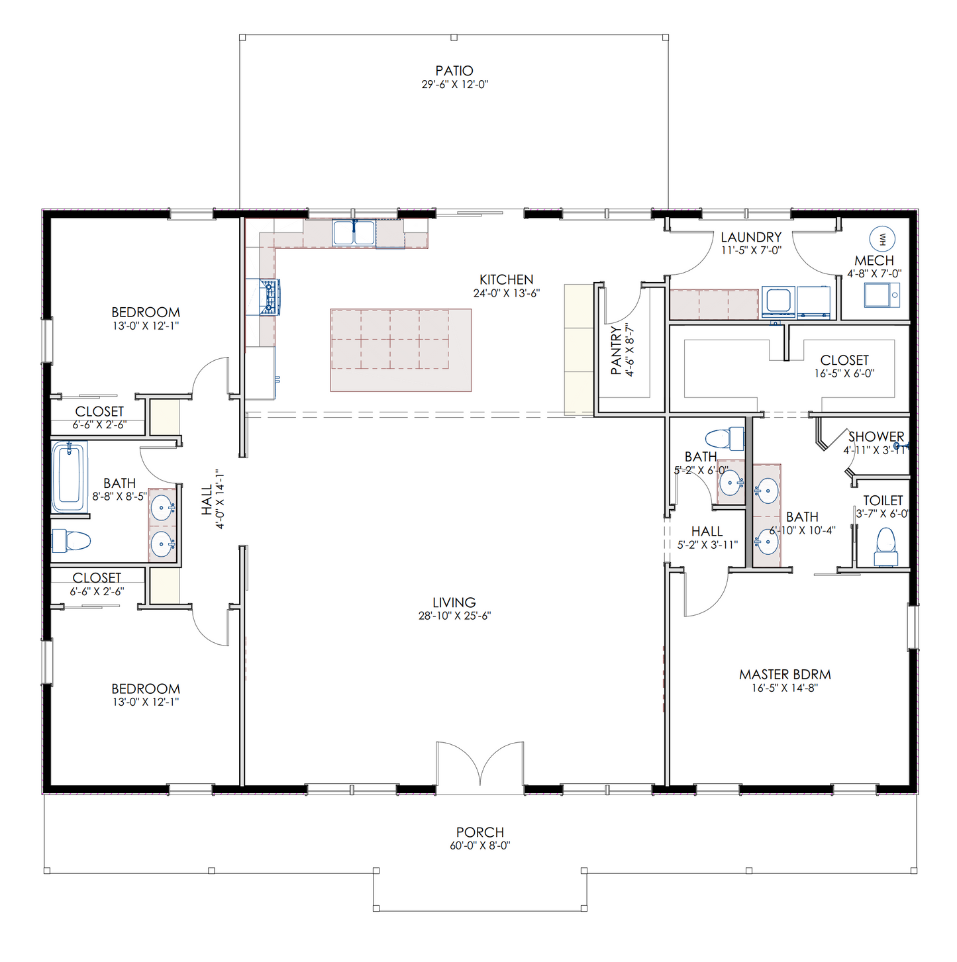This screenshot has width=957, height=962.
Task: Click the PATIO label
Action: [454, 71]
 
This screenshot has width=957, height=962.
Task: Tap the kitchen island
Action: [401, 350]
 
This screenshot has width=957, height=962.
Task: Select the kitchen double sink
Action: [354, 233]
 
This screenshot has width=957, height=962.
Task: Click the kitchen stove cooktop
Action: [270, 297]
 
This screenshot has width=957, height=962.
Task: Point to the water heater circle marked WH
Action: [882, 238]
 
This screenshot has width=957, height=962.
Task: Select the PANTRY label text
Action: [616, 350]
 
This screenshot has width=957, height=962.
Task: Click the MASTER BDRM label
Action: [785, 675]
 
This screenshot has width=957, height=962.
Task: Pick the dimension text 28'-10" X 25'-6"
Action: [454, 616]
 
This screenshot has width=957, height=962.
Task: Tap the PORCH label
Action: [480, 832]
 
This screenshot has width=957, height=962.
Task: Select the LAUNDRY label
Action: [751, 237]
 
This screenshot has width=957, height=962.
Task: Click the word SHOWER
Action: [876, 437]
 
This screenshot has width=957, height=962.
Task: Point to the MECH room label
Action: [874, 261]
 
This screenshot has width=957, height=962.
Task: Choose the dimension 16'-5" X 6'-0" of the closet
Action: [844, 373]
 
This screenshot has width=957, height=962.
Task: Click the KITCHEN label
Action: [507, 280]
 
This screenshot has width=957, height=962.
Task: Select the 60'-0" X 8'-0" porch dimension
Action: [480, 845]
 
